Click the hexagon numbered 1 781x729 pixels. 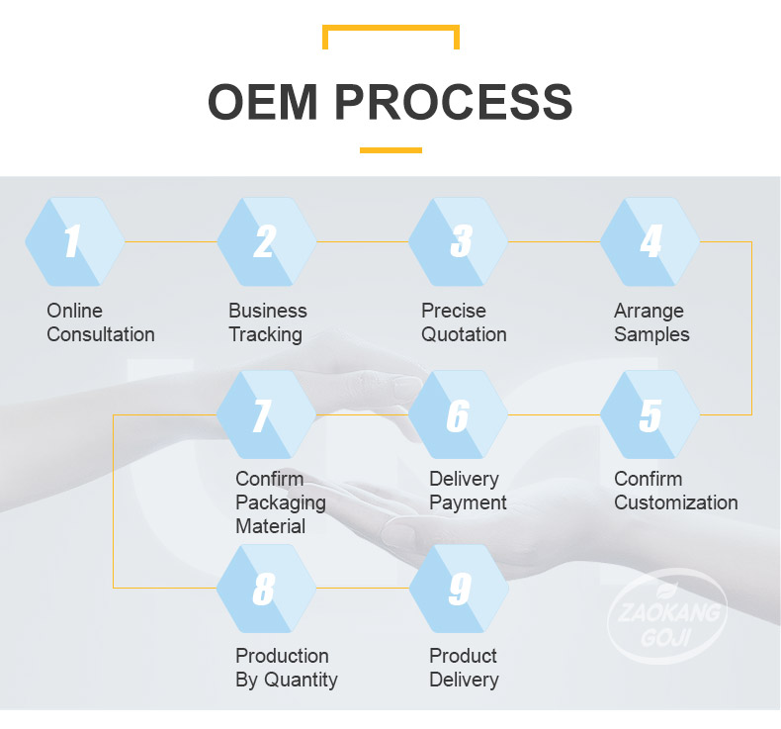pyautogui.click(x=75, y=241)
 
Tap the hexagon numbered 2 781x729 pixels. pyautogui.click(x=267, y=241)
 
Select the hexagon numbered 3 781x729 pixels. pyautogui.click(x=459, y=241)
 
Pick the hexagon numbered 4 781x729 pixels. pyautogui.click(x=650, y=241)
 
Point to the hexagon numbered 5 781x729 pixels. pyautogui.click(x=650, y=414)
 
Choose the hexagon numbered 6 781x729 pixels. pyautogui.click(x=459, y=414)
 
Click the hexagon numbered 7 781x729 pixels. pyautogui.click(x=267, y=414)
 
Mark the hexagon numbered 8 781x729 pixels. pyautogui.click(x=267, y=588)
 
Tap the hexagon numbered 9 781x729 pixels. pyautogui.click(x=459, y=588)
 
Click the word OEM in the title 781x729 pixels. pyautogui.click(x=263, y=102)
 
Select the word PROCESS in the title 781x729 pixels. pyautogui.click(x=454, y=102)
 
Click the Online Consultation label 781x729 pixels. pyautogui.click(x=101, y=322)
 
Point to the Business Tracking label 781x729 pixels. pyautogui.click(x=268, y=322)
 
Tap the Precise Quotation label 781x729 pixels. pyautogui.click(x=464, y=322)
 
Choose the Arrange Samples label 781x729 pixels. pyautogui.click(x=651, y=322)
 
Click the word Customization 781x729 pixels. pyautogui.click(x=676, y=502)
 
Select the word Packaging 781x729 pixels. pyautogui.click(x=281, y=503)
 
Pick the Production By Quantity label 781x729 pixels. pyautogui.click(x=287, y=668)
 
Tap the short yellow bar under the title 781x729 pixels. pyautogui.click(x=391, y=150)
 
